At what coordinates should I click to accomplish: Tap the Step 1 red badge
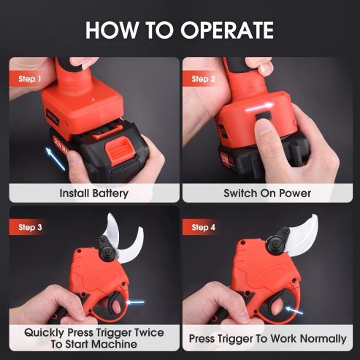(28, 78)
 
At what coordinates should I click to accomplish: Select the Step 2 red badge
(202, 78)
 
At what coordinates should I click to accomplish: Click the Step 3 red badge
(28, 228)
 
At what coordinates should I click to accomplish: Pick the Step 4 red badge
(202, 228)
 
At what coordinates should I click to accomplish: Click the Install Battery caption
(93, 194)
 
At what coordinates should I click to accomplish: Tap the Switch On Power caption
(267, 194)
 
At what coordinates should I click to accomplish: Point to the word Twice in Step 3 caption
(145, 332)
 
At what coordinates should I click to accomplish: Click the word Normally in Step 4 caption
(318, 339)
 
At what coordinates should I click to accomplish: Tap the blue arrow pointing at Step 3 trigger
(135, 301)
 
